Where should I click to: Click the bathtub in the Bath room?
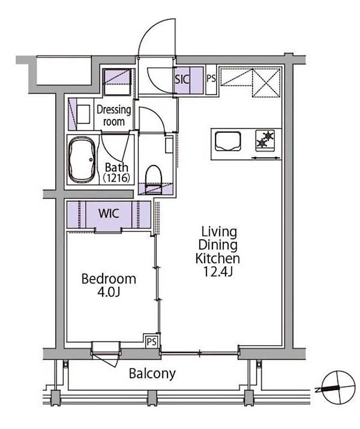[x=82, y=160]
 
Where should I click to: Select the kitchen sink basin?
[x=228, y=141]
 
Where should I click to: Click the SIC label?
[x=182, y=79]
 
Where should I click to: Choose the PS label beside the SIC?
[x=211, y=79]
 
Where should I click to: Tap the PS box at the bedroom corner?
[x=151, y=341]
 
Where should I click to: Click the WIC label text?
[x=109, y=214]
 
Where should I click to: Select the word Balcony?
[x=152, y=373]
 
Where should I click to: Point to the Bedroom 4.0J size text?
[x=109, y=293]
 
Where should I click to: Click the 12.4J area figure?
[x=218, y=272]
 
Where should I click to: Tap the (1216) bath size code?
[x=117, y=178]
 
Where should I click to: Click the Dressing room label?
[x=113, y=116]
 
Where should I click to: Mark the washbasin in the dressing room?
[x=83, y=114]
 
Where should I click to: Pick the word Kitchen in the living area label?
[x=218, y=259]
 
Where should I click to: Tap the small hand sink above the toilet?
[x=169, y=146]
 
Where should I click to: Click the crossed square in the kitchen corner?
[x=266, y=83]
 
